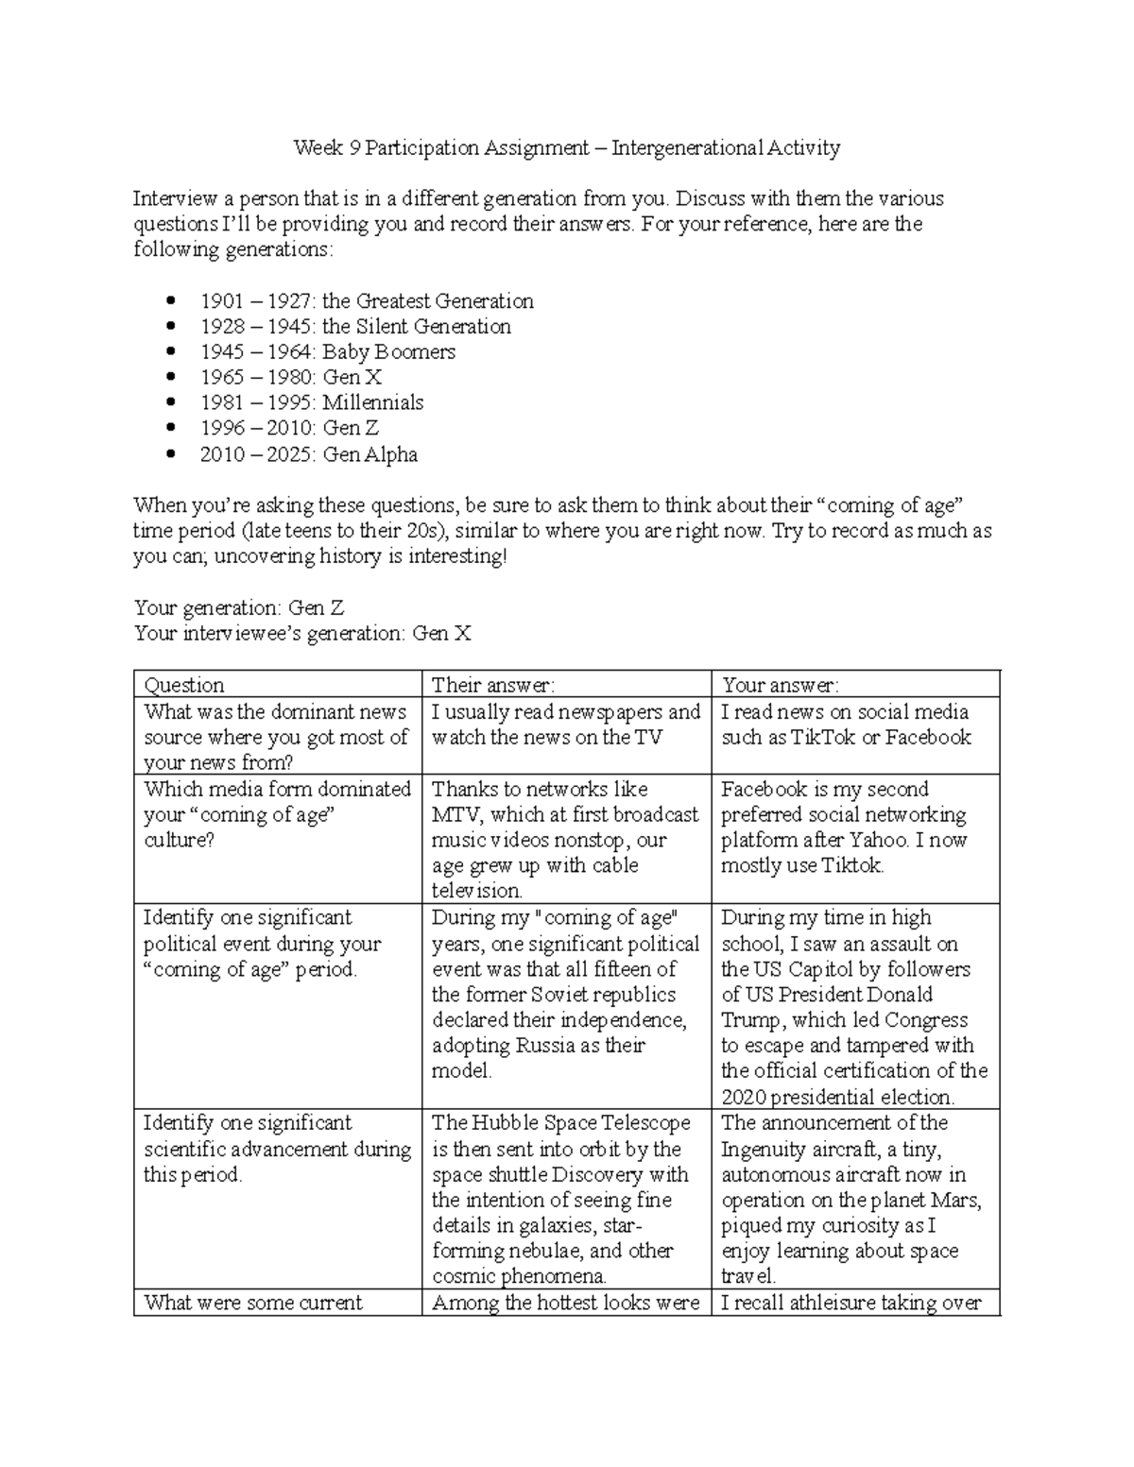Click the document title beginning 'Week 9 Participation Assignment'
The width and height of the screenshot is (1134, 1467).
(566, 147)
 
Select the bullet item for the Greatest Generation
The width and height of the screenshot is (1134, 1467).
(367, 301)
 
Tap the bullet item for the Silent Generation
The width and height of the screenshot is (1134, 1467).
(355, 327)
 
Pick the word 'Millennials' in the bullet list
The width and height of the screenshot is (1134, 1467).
(372, 403)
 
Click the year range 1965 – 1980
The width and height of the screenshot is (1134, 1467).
(254, 378)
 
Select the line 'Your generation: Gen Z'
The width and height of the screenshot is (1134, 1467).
(246, 607)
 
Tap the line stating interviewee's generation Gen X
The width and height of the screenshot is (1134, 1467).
(301, 633)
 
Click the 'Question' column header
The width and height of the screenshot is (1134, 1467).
(183, 685)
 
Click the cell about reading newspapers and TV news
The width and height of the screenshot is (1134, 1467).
(565, 725)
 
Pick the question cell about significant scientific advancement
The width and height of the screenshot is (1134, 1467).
(277, 1149)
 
